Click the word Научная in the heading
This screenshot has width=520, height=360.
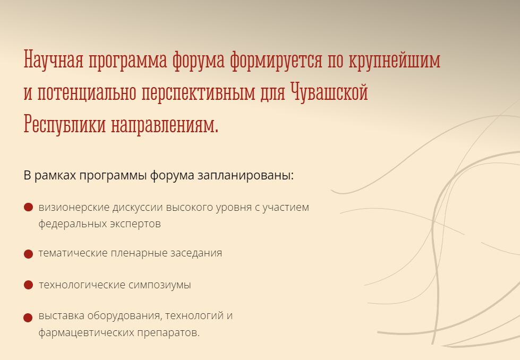click(x=53, y=59)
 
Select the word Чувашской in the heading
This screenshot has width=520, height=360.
click(x=329, y=92)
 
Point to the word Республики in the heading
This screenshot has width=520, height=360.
click(x=65, y=124)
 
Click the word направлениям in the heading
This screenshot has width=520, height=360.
click(x=165, y=125)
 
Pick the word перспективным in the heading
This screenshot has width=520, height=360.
click(x=198, y=93)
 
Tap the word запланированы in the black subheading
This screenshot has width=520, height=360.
click(x=246, y=176)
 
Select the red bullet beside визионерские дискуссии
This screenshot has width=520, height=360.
click(x=29, y=207)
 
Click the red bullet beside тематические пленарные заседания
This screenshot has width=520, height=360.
click(x=29, y=254)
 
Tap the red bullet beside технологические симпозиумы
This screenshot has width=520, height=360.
click(x=29, y=285)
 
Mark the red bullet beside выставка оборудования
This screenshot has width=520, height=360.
click(x=28, y=318)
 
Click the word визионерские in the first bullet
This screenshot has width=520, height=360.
click(x=74, y=208)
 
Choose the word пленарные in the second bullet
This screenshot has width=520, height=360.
click(x=139, y=253)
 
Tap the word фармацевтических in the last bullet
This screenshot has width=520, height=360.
click(x=87, y=332)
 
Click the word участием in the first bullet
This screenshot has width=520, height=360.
click(x=286, y=208)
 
